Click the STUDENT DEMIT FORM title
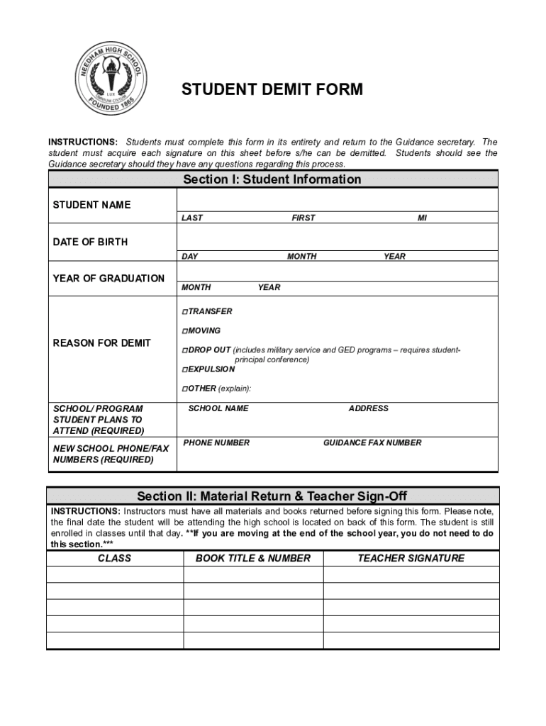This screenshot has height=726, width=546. [272, 89]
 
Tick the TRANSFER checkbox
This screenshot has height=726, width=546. [184, 312]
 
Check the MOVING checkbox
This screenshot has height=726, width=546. [184, 331]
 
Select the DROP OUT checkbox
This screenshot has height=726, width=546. [184, 350]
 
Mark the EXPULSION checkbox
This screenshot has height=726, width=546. [184, 369]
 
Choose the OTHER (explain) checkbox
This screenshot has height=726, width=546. [184, 389]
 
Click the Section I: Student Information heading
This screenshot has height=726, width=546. [272, 179]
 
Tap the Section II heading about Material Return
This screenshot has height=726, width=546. [272, 496]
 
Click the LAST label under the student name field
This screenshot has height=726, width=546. [191, 218]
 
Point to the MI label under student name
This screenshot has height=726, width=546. [422, 218]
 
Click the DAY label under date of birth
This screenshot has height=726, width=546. [189, 257]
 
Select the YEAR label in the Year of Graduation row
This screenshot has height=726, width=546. [269, 288]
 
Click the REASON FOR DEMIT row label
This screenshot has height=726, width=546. [102, 343]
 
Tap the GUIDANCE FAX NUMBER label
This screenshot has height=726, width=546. [372, 443]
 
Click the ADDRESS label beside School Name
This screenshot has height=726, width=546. [368, 408]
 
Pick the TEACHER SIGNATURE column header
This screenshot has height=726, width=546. [411, 559]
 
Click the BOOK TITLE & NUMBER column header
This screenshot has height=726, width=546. [253, 559]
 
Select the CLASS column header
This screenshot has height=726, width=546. [114, 559]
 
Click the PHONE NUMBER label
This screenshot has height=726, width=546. [216, 443]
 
